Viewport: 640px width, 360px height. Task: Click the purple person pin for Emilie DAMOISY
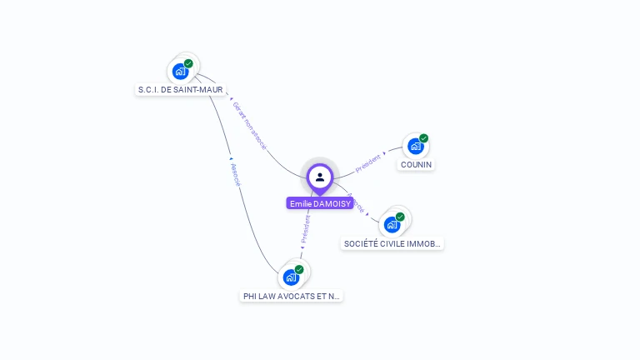320,177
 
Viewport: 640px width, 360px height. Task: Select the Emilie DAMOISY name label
320,203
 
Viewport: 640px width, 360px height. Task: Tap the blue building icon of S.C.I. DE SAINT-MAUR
180,71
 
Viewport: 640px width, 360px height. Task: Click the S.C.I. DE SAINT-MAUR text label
181,89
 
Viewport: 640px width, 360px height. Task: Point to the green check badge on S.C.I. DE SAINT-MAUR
188,63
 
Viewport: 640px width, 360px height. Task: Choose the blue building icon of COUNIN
415,146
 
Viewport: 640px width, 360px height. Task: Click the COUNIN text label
416,165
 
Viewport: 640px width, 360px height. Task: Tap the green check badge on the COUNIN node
423,138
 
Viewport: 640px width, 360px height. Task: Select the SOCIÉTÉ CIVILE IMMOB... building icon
392,224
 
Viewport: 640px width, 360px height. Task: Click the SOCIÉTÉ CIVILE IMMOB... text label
392,244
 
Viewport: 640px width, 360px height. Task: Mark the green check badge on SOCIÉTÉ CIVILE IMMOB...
400,217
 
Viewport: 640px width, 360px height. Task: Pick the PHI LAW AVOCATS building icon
291,277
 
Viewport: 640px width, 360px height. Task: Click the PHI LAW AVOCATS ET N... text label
292,296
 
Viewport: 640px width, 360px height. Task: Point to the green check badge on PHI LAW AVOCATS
299,269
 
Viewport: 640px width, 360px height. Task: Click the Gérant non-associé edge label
249,126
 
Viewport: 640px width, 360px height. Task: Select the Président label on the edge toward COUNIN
368,162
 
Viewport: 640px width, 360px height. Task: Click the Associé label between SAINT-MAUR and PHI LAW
235,173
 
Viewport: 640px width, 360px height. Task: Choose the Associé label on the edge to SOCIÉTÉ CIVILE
355,202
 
